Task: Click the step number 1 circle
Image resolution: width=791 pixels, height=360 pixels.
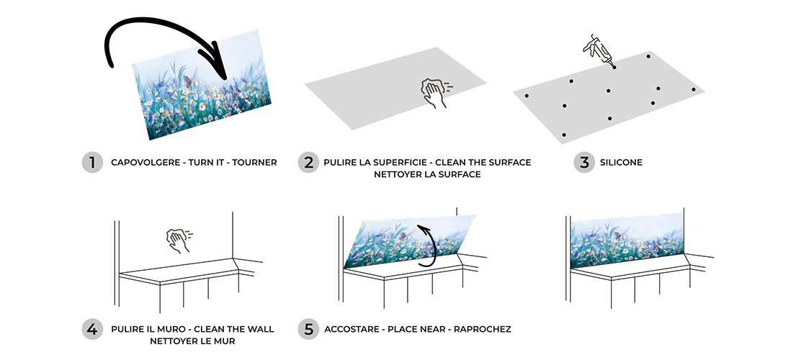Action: [92, 162]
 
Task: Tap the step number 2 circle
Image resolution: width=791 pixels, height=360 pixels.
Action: [308, 162]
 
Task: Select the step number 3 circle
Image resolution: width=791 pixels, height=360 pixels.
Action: [584, 162]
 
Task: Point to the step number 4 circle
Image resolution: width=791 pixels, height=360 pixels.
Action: [92, 329]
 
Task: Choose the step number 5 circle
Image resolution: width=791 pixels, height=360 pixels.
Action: [308, 329]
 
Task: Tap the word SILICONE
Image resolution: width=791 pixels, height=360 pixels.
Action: [621, 163]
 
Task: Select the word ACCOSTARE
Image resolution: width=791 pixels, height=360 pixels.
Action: [352, 329]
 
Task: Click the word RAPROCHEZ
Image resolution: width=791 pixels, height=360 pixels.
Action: [482, 329]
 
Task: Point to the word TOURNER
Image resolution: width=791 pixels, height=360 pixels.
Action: [254, 163]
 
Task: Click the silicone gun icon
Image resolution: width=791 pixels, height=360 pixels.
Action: [599, 51]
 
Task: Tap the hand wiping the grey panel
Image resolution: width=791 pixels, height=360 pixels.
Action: [434, 92]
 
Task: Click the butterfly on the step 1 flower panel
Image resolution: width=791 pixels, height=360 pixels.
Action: [187, 81]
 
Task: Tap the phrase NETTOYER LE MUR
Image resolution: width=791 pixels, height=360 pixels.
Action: [192, 341]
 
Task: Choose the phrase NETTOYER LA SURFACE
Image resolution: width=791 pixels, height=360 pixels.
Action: [427, 174]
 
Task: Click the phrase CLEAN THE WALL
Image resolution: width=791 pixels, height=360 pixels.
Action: [234, 329]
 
